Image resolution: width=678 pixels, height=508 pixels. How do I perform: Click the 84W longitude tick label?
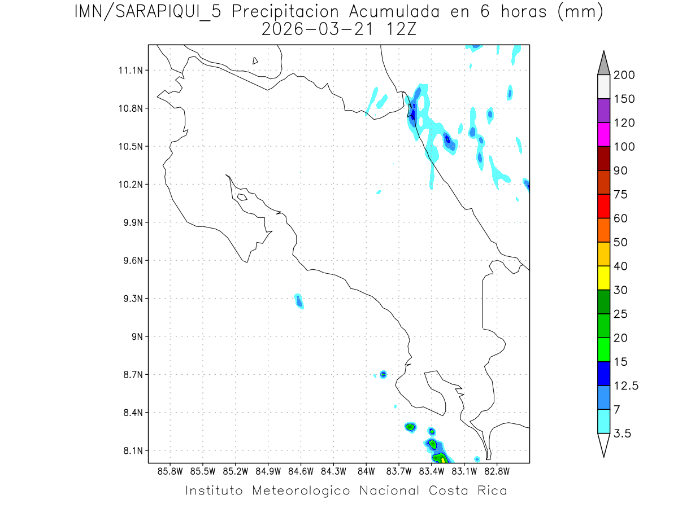pyautogui.click(x=366, y=471)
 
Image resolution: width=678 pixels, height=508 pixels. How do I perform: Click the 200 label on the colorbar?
pyautogui.click(x=624, y=75)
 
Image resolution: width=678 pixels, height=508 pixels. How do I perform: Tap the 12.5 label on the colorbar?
pyautogui.click(x=626, y=386)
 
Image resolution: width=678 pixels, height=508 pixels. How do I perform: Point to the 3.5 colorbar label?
pyautogui.click(x=623, y=433)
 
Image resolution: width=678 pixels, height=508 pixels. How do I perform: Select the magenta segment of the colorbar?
pyautogui.click(x=603, y=135)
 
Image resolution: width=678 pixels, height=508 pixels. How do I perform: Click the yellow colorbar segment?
pyautogui.click(x=603, y=278)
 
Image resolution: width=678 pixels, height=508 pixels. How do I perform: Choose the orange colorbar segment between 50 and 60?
pyautogui.click(x=603, y=230)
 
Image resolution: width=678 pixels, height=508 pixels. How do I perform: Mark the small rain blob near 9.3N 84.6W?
pyautogui.click(x=299, y=301)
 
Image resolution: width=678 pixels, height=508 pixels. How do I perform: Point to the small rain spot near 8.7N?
pyautogui.click(x=384, y=374)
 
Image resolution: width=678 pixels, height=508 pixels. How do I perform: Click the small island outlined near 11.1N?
pyautogui.click(x=255, y=60)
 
